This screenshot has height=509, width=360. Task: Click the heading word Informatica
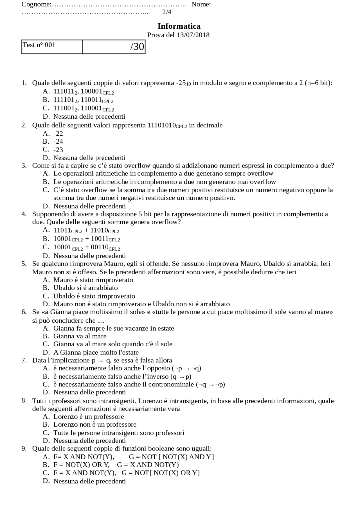pos(179,26)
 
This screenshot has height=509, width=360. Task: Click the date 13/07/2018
pos(193,35)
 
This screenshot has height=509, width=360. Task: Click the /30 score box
pos(114,47)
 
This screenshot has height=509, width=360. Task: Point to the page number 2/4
pos(167,12)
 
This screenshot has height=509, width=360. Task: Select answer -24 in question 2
pos(58,141)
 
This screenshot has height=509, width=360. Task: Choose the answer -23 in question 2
pos(58,150)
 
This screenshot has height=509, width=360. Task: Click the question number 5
pos(24,264)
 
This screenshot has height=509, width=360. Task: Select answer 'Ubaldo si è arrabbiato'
pos(85,288)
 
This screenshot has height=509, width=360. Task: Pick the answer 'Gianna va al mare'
pos(80,336)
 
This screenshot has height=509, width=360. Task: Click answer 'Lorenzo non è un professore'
pos(95,424)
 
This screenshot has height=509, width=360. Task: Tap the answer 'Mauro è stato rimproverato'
pos(93,280)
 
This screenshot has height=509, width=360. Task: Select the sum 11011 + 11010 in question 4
pos(86,230)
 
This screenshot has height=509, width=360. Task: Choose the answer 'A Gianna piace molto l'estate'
pos(96,352)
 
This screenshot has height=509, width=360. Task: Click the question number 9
pos(24,449)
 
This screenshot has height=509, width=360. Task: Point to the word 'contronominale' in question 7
pos(171,384)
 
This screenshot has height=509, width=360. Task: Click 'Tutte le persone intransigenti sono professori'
pos(119,433)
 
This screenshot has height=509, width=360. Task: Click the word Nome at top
pos(201,4)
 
